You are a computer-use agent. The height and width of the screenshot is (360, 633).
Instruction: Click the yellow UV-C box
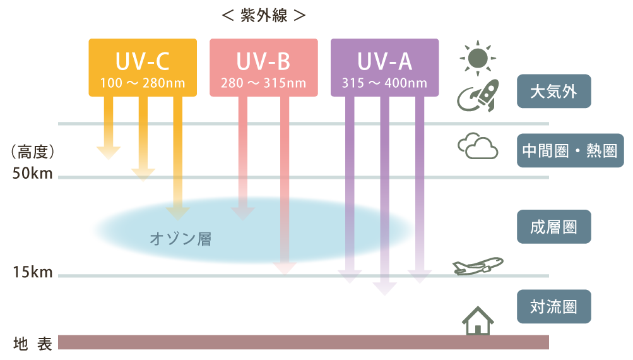click(142, 67)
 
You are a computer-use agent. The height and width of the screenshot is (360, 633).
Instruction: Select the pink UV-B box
click(263, 67)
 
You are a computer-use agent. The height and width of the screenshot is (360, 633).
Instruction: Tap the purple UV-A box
click(384, 67)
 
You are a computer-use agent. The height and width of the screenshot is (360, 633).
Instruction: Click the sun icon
click(478, 57)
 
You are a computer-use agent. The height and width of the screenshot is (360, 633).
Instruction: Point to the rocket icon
click(478, 95)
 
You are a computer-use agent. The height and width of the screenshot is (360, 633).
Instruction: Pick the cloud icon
click(478, 147)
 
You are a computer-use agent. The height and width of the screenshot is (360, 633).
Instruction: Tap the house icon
click(478, 321)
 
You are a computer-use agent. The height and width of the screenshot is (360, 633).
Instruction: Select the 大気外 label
click(553, 91)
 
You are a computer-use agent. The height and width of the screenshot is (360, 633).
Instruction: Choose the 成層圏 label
click(553, 226)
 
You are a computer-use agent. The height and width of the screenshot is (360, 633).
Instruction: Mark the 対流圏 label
click(553, 306)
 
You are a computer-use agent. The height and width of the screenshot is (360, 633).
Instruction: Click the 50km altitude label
click(32, 174)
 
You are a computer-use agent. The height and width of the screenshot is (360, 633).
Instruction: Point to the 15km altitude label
click(32, 273)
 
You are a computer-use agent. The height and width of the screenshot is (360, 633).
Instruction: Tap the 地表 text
click(32, 344)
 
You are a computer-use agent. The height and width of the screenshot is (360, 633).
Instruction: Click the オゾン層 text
click(180, 239)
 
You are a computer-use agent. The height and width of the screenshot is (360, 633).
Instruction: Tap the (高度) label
click(33, 152)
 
